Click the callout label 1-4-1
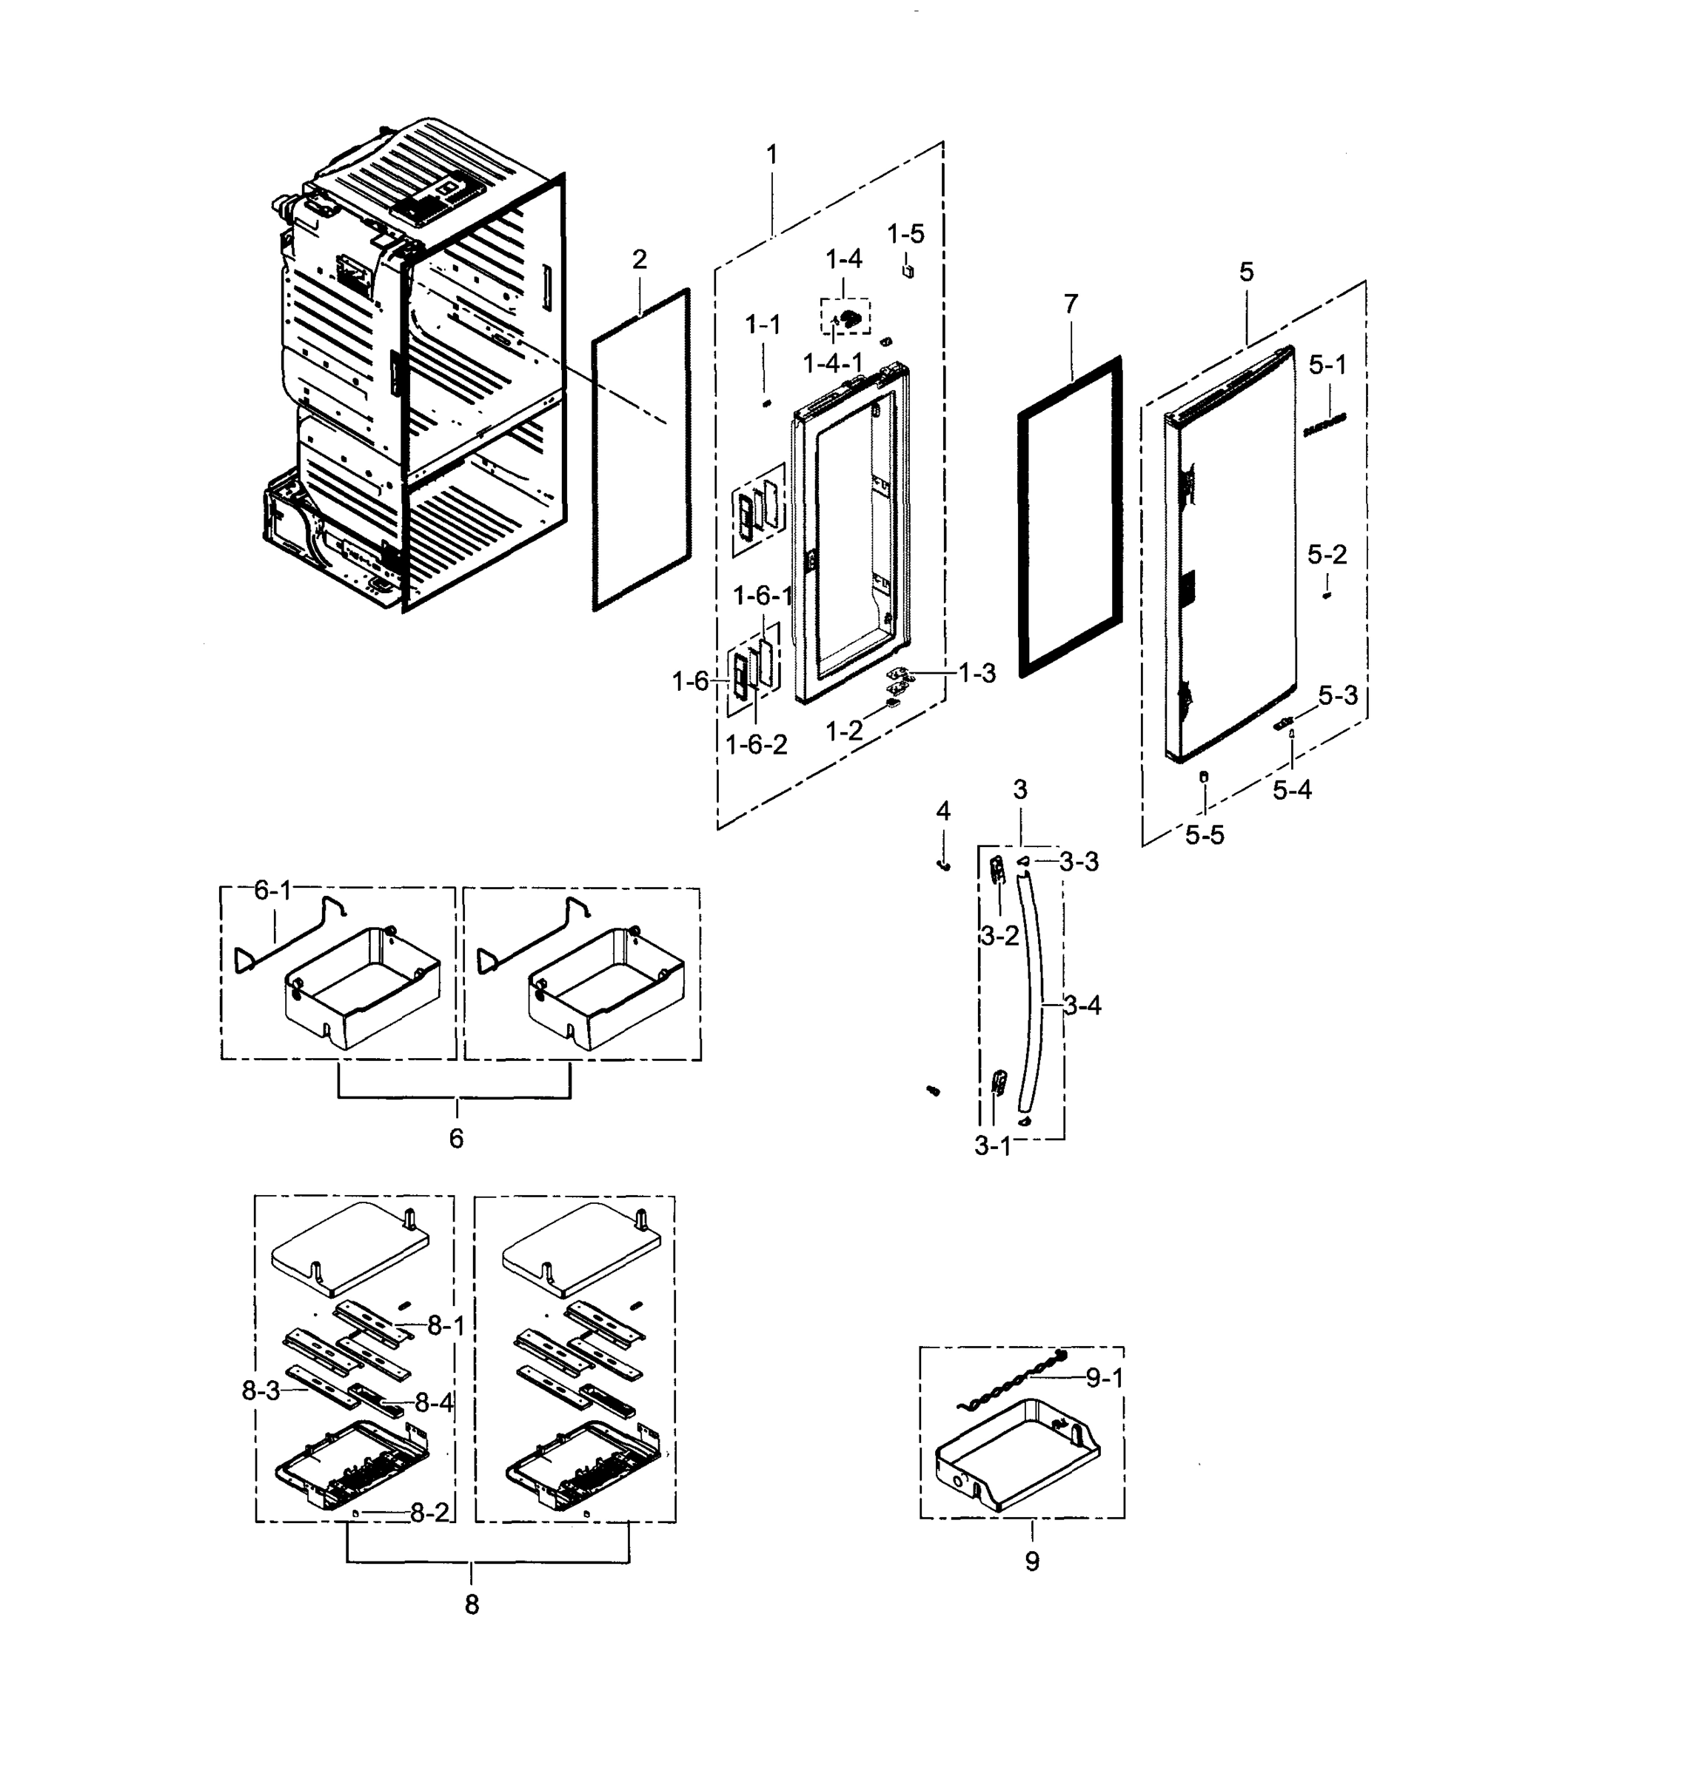832,364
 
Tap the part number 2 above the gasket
639,260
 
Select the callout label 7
1071,305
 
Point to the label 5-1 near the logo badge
1327,365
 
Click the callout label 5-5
1204,836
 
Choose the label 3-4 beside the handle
1082,1005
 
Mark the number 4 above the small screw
943,811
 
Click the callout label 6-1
272,891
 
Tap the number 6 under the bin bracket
456,1139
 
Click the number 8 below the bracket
472,1604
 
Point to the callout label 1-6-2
756,745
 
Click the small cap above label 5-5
1205,777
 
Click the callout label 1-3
977,673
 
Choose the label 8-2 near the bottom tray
429,1513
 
